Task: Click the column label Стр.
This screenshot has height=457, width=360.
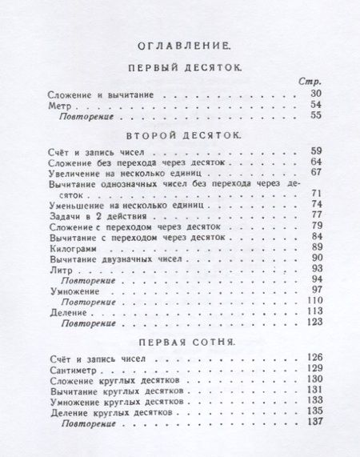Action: (x=310, y=83)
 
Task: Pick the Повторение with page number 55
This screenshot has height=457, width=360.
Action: (x=85, y=116)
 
